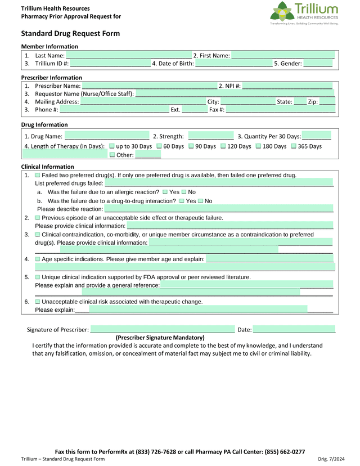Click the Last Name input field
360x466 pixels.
[x=129, y=55]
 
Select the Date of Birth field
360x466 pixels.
[x=233, y=64]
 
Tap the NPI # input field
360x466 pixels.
[x=287, y=86]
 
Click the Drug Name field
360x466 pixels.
[x=107, y=136]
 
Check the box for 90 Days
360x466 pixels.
[x=191, y=146]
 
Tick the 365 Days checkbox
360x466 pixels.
[x=294, y=146]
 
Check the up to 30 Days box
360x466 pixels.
[x=112, y=146]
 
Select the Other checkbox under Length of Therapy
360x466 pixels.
[x=112, y=155]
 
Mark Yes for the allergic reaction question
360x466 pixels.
[x=165, y=192]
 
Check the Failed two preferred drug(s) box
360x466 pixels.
[x=38, y=176]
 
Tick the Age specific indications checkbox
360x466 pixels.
[x=38, y=259]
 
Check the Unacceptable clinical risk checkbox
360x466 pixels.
[x=38, y=302]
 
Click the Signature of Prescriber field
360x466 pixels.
[x=163, y=329]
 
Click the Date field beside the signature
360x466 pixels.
[x=294, y=329]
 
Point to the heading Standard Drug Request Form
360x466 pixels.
[x=70, y=34]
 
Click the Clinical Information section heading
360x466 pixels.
[x=48, y=167]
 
